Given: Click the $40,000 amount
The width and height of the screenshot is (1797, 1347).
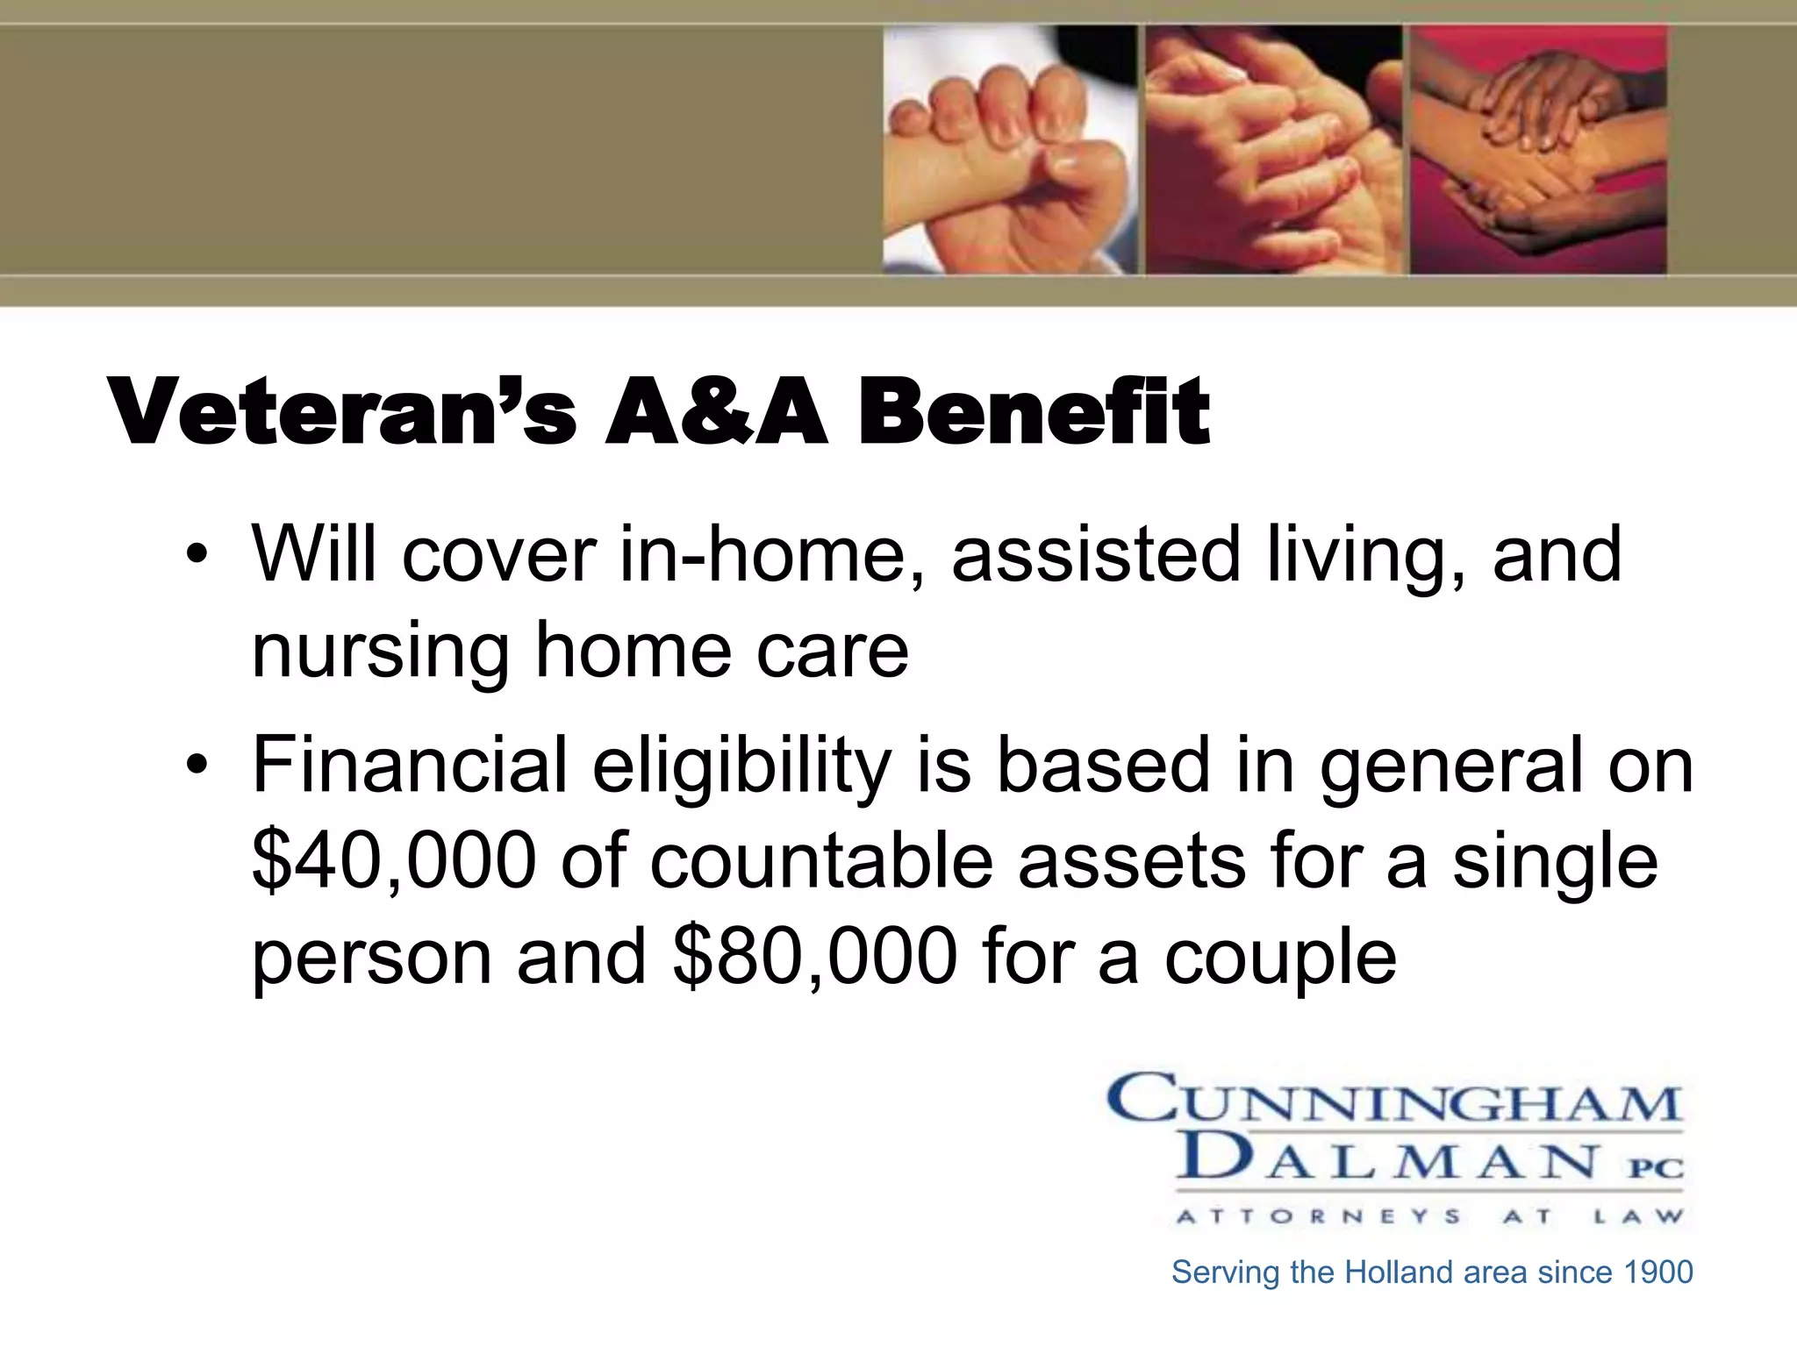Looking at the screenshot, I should pos(394,860).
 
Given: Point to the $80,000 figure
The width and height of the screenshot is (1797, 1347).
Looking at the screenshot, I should pos(815,956).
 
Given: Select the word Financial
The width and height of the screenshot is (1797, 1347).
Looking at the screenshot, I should pos(410,765).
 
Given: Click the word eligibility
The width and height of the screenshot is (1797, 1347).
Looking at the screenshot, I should pos(742,765).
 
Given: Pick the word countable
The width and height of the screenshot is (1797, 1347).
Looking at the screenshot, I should pos(821,860).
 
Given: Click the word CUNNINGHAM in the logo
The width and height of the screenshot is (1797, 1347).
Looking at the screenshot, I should pos(1394,1100).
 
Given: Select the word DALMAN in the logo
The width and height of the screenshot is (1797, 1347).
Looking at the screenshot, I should pos(1386,1158).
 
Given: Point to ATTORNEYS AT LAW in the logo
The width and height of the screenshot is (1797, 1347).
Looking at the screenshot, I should pos(1429,1216).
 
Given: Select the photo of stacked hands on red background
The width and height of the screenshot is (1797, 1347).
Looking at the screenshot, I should pos(1537,149).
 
